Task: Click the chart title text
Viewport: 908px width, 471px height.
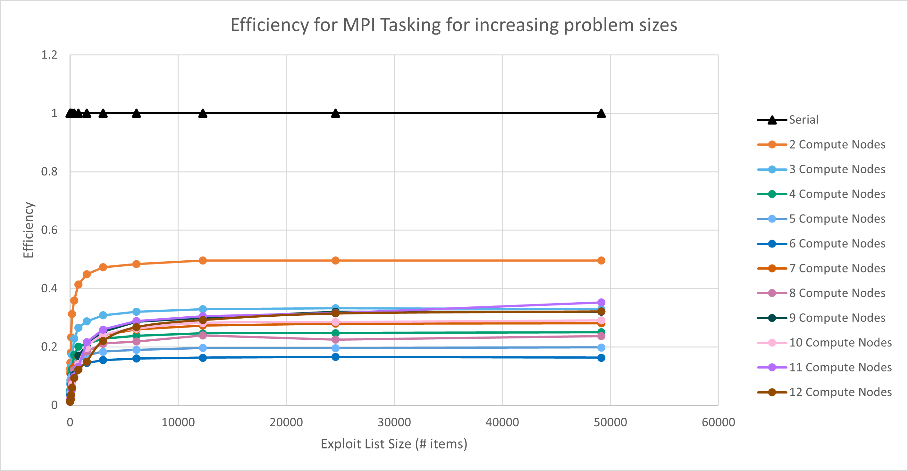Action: pyautogui.click(x=454, y=25)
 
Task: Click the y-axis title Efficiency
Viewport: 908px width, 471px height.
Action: pyautogui.click(x=28, y=230)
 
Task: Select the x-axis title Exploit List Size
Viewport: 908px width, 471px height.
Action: pyautogui.click(x=394, y=444)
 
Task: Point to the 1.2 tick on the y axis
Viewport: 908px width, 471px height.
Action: pyautogui.click(x=49, y=55)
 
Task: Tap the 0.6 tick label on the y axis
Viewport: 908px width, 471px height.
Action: pyautogui.click(x=49, y=230)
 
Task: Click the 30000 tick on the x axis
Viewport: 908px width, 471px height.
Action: pyautogui.click(x=394, y=422)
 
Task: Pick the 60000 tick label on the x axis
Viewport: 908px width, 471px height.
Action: pyautogui.click(x=718, y=422)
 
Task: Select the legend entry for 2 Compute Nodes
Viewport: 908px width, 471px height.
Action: pyautogui.click(x=837, y=145)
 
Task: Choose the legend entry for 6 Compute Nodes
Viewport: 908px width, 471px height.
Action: pyautogui.click(x=837, y=244)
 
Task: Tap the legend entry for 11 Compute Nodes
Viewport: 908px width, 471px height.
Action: pyautogui.click(x=840, y=368)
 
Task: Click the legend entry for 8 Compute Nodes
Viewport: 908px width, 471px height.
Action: pyautogui.click(x=837, y=293)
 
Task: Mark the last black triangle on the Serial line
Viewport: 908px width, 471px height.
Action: pyautogui.click(x=601, y=113)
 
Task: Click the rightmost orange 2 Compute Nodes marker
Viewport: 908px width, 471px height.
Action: pyautogui.click(x=601, y=261)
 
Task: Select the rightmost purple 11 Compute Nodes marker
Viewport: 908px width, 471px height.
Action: pyautogui.click(x=601, y=302)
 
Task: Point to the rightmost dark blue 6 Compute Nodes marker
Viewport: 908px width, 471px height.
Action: pyautogui.click(x=601, y=358)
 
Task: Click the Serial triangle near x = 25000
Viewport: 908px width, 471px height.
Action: pyautogui.click(x=336, y=113)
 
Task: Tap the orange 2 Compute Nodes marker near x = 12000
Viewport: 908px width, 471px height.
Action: pyautogui.click(x=203, y=261)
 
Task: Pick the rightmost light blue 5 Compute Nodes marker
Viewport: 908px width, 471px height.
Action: pyautogui.click(x=601, y=347)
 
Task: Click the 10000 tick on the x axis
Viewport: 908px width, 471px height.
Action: pyautogui.click(x=178, y=422)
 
